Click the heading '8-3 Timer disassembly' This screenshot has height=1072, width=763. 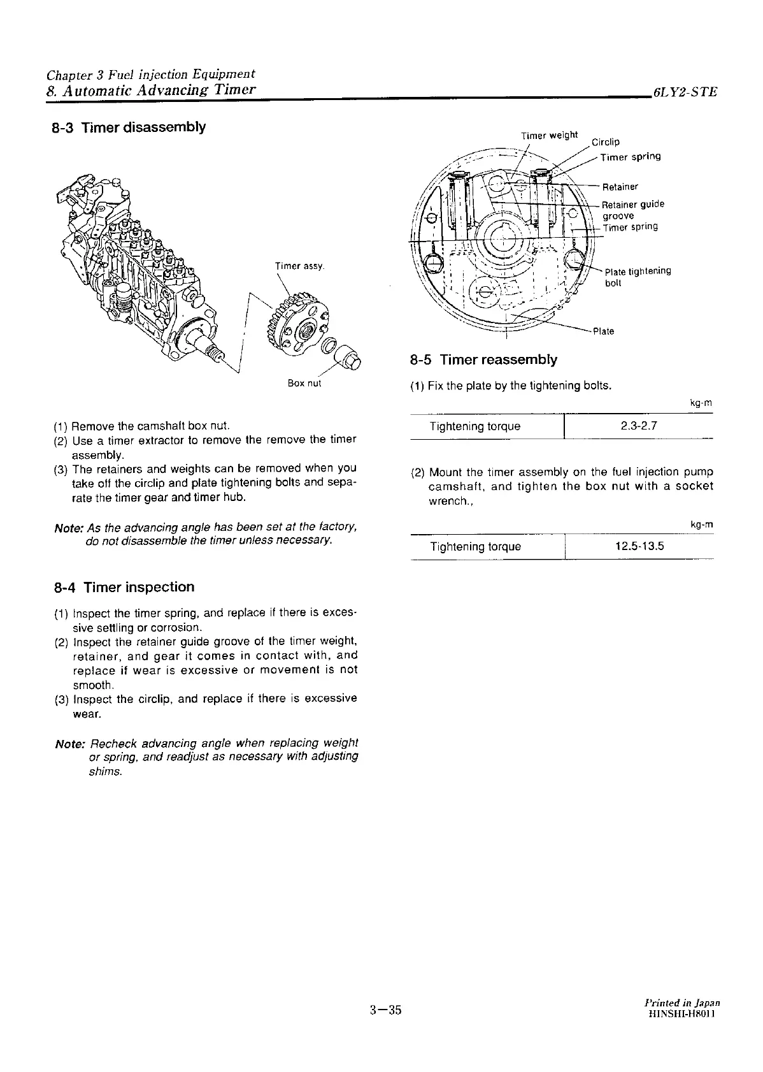coord(129,127)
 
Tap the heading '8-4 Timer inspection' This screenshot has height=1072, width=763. coord(124,587)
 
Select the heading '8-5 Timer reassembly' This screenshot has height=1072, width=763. coord(483,359)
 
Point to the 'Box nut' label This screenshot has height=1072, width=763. coord(304,383)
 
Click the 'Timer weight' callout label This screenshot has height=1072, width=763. coord(549,135)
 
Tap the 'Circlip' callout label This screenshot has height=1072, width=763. coord(605,142)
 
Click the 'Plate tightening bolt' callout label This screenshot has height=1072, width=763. coord(637,277)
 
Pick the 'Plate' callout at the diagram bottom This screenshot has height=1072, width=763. coord(603,331)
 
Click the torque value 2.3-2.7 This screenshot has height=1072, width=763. coord(639,426)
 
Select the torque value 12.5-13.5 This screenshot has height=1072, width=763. coord(639,546)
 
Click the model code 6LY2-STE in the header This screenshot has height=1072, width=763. coord(684,92)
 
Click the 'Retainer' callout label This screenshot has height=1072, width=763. coord(620,187)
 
